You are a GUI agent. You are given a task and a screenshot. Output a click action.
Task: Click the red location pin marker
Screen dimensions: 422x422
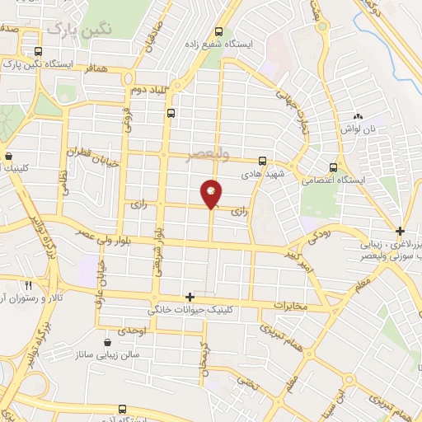pyautogui.click(x=211, y=194)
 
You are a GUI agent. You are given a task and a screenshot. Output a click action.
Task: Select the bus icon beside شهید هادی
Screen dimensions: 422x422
pyautogui.click(x=262, y=162)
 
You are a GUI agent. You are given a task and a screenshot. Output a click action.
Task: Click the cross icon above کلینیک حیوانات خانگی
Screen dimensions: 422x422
pyautogui.click(x=190, y=296)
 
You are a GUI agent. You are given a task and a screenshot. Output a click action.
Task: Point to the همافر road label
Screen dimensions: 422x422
pyautogui.click(x=96, y=72)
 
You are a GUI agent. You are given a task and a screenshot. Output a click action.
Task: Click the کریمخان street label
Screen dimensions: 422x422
pyautogui.click(x=201, y=359)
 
